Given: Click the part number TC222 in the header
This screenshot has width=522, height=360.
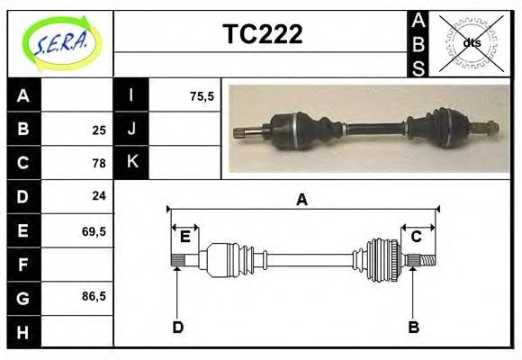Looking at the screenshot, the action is click(263, 34).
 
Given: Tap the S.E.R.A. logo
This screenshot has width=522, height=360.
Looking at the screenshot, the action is click(62, 43).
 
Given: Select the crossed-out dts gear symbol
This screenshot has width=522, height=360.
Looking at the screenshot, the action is click(471, 43).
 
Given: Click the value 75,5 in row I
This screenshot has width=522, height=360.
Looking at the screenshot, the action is click(202, 96).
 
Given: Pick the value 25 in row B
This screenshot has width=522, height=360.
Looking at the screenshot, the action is click(99, 130).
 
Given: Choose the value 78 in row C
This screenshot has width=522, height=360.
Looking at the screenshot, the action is click(99, 163).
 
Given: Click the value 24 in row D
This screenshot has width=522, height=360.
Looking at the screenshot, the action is click(99, 195).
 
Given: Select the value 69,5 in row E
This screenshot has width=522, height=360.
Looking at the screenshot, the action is click(94, 231).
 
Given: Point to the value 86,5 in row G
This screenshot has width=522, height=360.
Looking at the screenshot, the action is click(94, 296).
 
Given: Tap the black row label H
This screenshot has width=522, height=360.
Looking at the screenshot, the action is click(24, 332).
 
